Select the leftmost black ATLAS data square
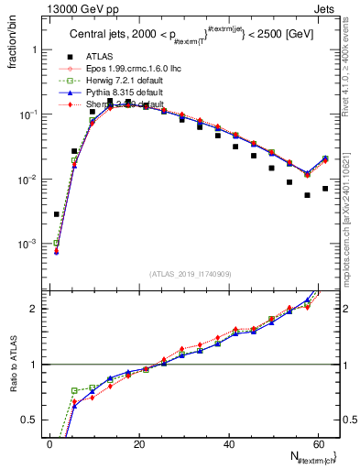tap(57, 214)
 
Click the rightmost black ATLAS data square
tap(325, 189)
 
